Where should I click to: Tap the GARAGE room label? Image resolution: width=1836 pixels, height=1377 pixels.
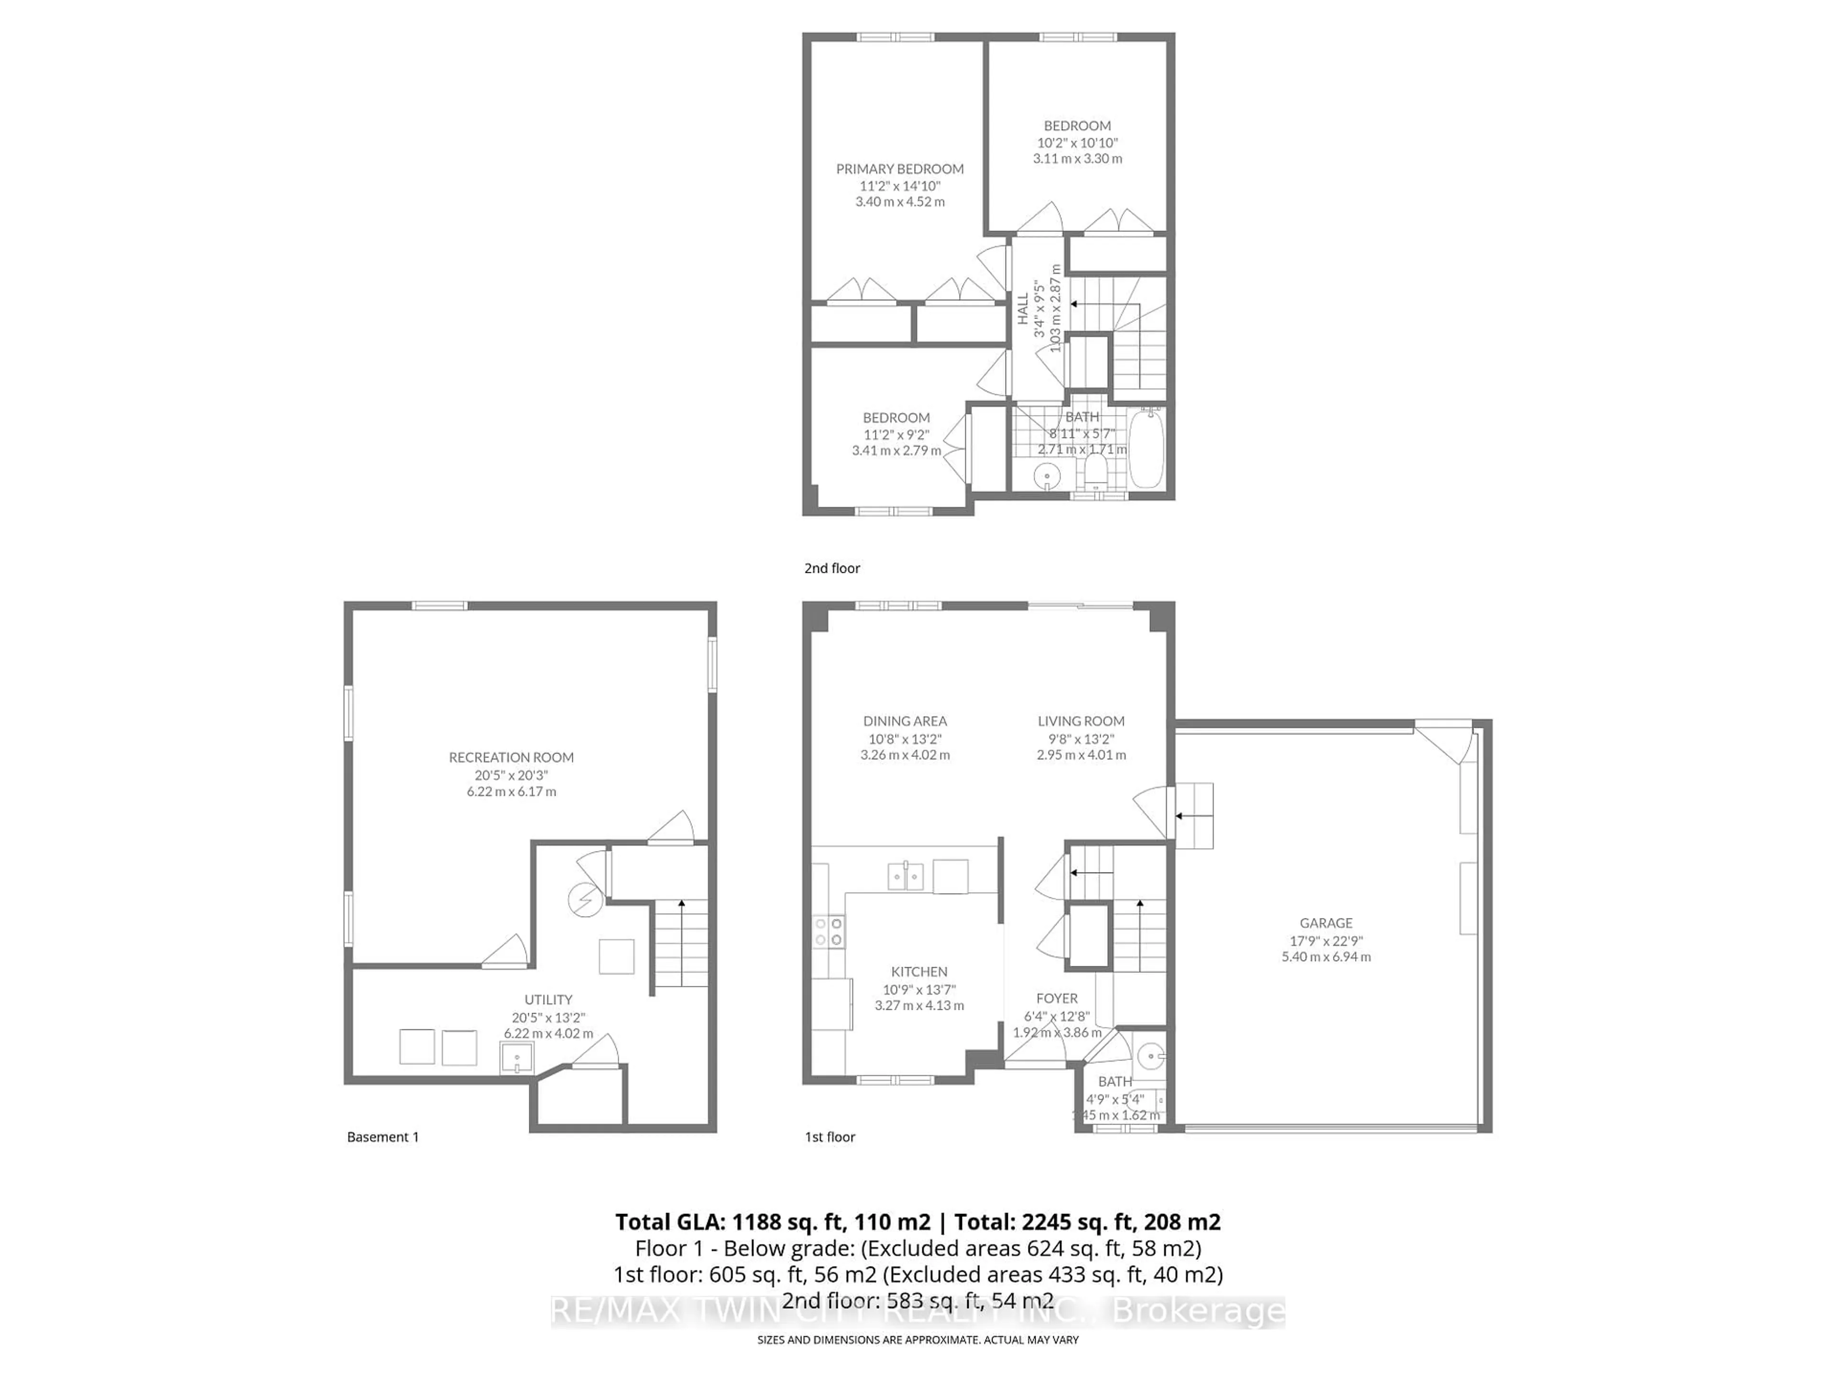click(1325, 923)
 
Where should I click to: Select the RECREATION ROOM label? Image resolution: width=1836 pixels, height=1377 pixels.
click(511, 757)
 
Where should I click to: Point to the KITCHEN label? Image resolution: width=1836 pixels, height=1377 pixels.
click(919, 971)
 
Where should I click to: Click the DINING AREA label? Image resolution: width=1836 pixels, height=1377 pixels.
click(905, 721)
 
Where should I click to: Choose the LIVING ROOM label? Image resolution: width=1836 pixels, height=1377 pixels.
click(1081, 721)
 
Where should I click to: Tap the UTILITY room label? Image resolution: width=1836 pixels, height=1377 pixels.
click(548, 999)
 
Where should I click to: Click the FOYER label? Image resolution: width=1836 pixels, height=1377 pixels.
click(1057, 998)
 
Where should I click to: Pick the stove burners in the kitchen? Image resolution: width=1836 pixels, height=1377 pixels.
click(829, 931)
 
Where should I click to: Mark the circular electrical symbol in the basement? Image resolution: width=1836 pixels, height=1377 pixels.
click(584, 899)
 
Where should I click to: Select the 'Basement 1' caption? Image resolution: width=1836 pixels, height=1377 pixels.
click(382, 1137)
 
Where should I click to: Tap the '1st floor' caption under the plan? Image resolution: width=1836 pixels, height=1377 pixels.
click(829, 1137)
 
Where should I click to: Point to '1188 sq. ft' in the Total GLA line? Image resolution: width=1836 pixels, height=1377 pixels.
click(762, 1222)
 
